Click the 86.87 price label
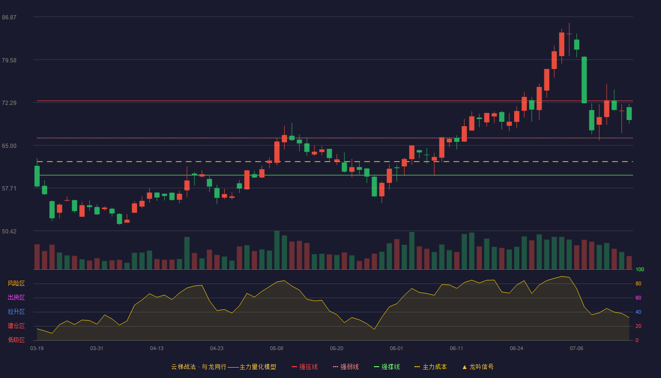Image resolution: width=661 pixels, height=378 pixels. (x=9, y=17)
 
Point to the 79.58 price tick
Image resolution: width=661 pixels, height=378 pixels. (x=9, y=60)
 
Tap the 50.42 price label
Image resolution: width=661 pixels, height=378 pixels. (x=9, y=231)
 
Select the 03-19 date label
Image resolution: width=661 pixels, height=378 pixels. (x=37, y=349)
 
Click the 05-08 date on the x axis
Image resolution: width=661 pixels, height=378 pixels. (x=277, y=349)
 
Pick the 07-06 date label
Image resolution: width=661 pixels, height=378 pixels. (x=576, y=349)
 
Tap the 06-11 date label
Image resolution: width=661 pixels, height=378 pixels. (x=457, y=349)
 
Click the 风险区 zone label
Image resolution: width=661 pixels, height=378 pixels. (x=16, y=283)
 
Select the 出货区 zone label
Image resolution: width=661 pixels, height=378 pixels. (x=16, y=297)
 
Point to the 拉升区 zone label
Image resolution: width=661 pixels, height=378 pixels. (x=16, y=311)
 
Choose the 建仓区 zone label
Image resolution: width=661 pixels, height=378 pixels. (x=16, y=326)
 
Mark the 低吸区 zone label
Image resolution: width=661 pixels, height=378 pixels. (x=16, y=340)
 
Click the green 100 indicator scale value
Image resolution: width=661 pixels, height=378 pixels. (x=640, y=269)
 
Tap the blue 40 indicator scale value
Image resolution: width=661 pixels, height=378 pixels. (x=638, y=312)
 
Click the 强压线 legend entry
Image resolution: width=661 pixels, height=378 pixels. (x=305, y=367)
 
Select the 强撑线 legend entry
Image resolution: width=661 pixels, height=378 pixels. (x=387, y=367)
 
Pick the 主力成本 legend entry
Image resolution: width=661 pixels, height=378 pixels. (x=431, y=367)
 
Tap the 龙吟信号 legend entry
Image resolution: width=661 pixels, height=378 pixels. (x=478, y=367)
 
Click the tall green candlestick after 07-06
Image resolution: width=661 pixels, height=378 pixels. (x=584, y=80)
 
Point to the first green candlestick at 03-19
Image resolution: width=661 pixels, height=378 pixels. (x=37, y=176)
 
